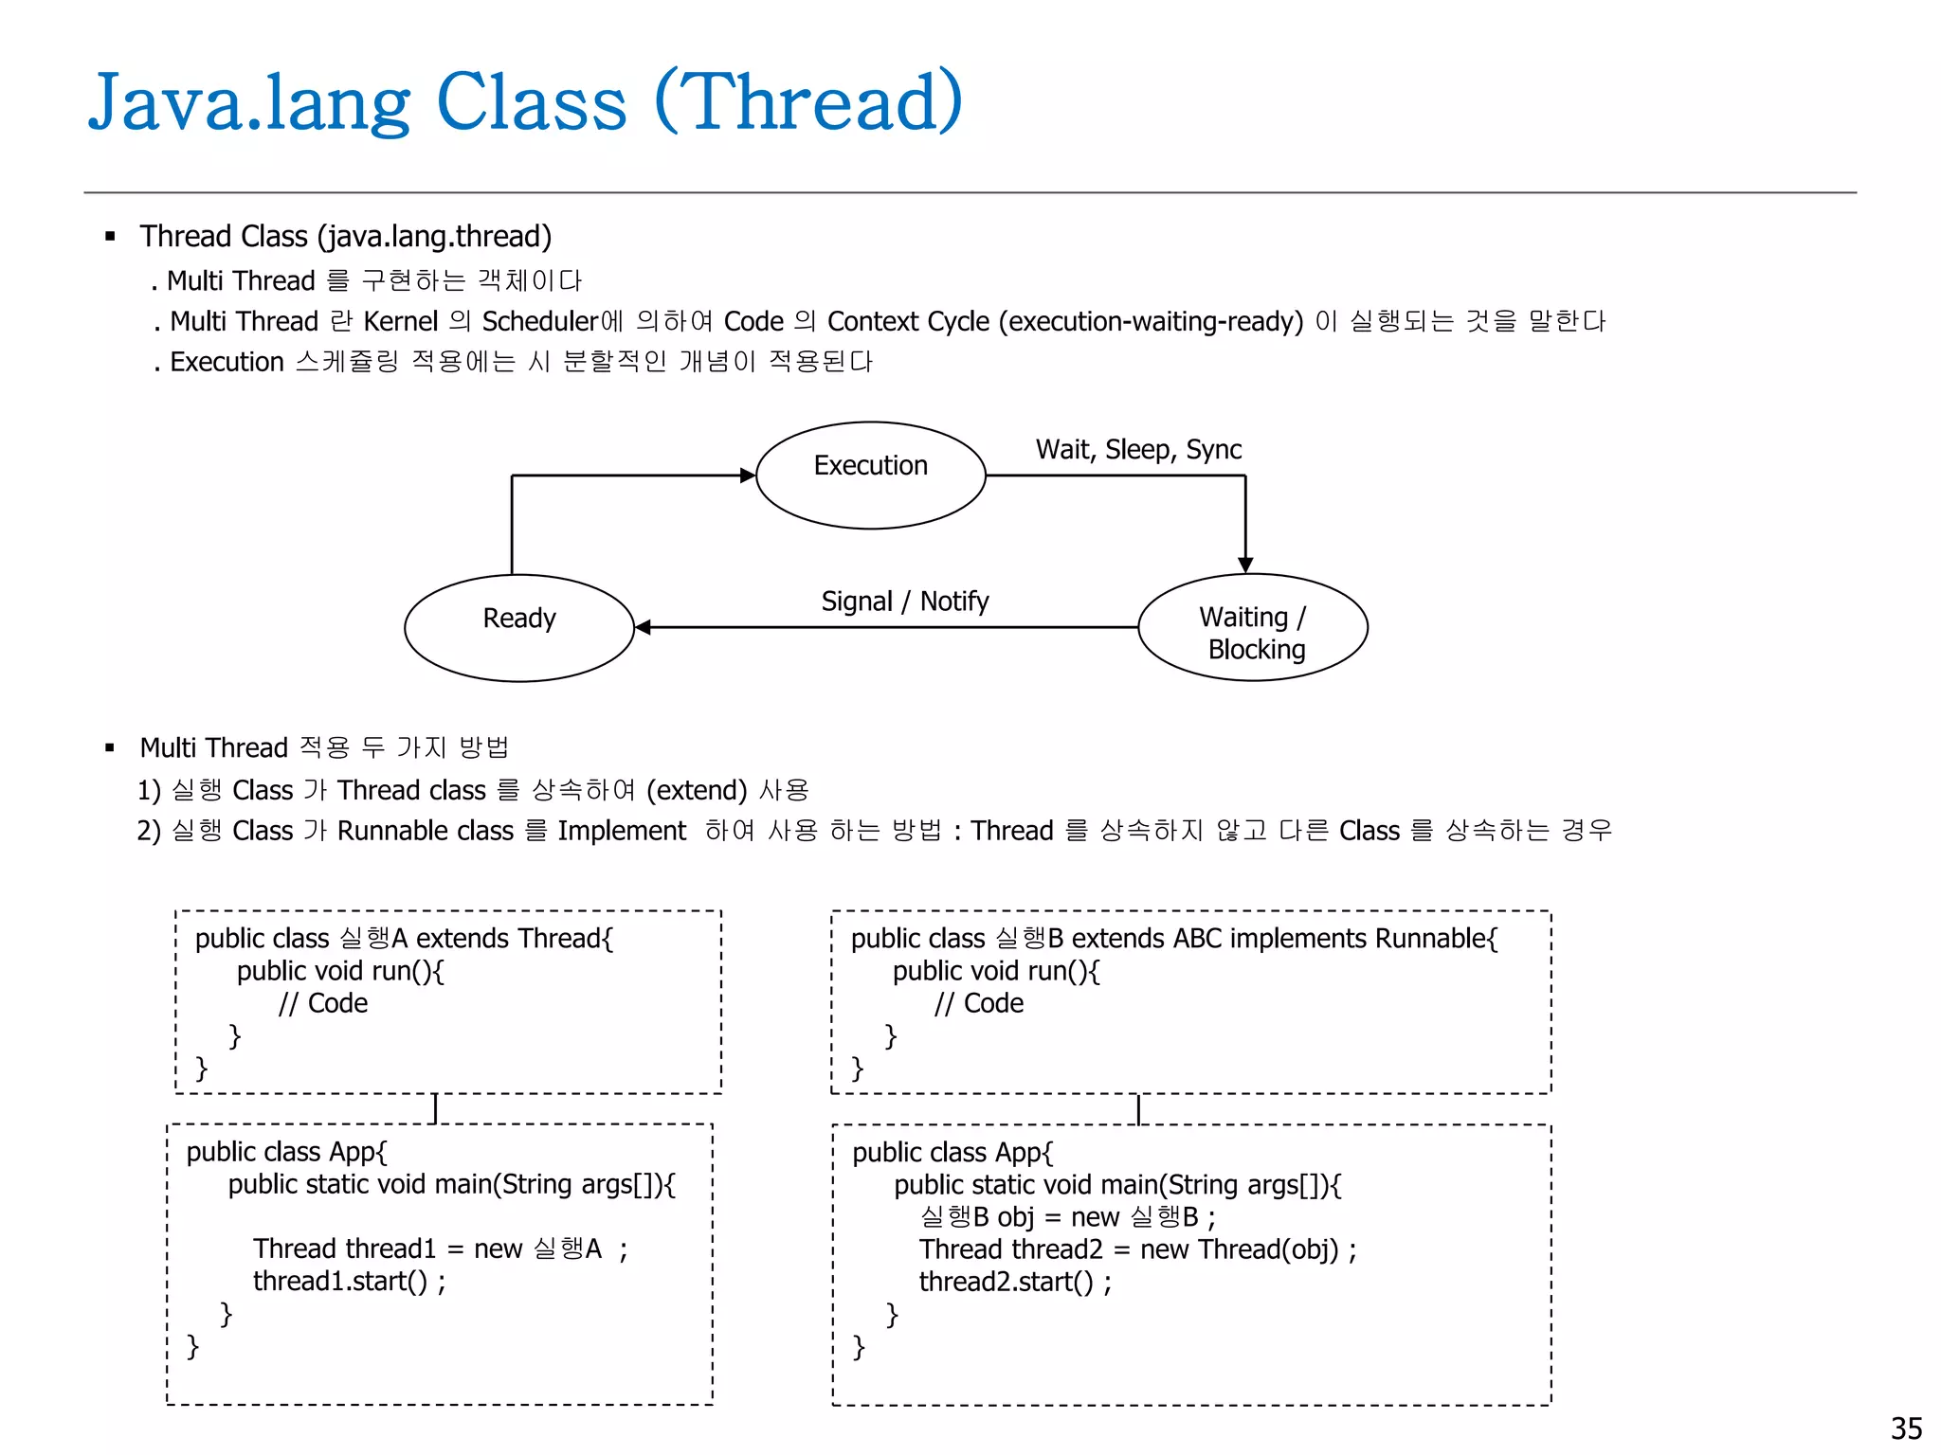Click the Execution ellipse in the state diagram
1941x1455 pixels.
(870, 475)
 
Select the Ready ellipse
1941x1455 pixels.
(518, 626)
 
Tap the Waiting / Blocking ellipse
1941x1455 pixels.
(1252, 627)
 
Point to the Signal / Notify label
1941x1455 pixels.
(904, 602)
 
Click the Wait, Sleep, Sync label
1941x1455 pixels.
(1138, 449)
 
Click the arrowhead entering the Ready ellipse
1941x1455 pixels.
(644, 627)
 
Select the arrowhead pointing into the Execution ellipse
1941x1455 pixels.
(747, 475)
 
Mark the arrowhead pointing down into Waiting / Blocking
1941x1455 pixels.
(1245, 565)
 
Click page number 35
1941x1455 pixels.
(1906, 1428)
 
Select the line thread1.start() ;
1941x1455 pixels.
(349, 1281)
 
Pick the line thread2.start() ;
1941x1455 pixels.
(1015, 1282)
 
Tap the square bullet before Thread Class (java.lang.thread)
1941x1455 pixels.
(110, 236)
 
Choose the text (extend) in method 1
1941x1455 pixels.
(697, 790)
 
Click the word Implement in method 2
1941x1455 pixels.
(621, 831)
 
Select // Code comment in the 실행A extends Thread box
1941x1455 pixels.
(322, 1003)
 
